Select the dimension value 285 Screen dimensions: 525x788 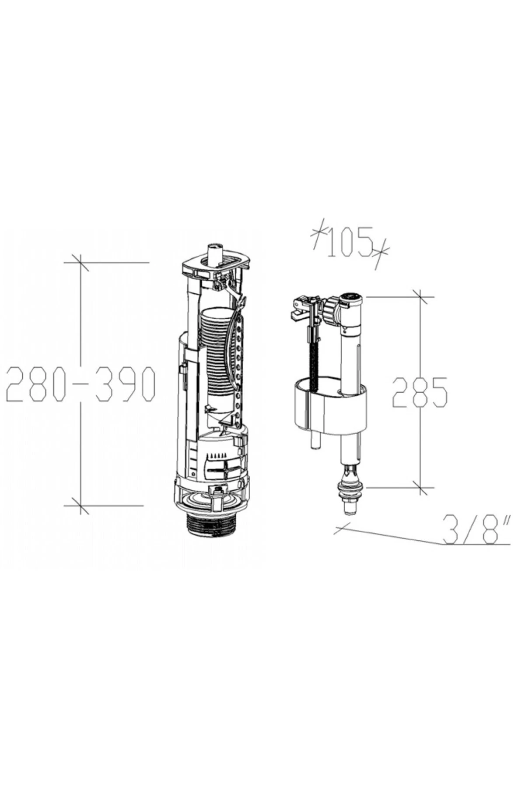tap(420, 392)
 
